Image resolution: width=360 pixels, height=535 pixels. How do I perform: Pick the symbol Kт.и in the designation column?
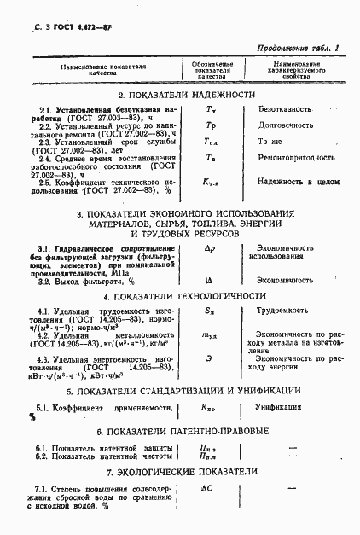(x=212, y=182)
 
